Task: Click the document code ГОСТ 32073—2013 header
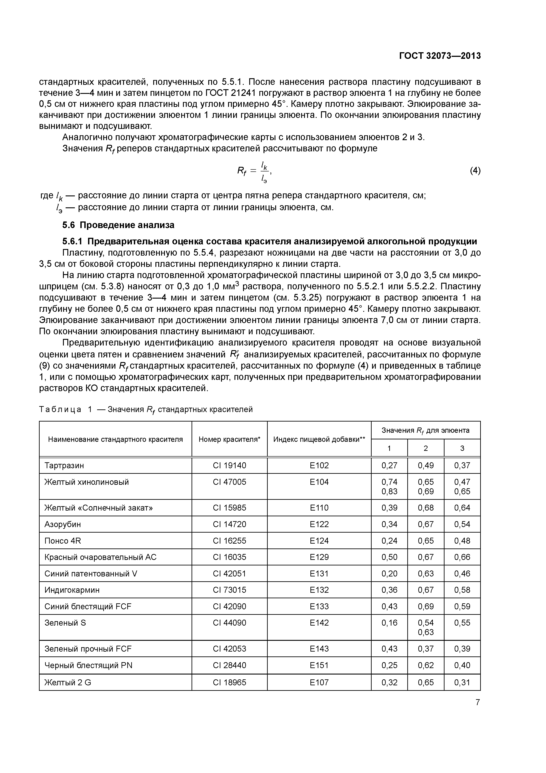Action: tap(440, 56)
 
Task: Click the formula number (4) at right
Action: tap(475, 171)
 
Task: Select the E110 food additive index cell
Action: tap(319, 508)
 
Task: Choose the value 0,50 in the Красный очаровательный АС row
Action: tap(389, 557)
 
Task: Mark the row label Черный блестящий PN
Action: tap(88, 665)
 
